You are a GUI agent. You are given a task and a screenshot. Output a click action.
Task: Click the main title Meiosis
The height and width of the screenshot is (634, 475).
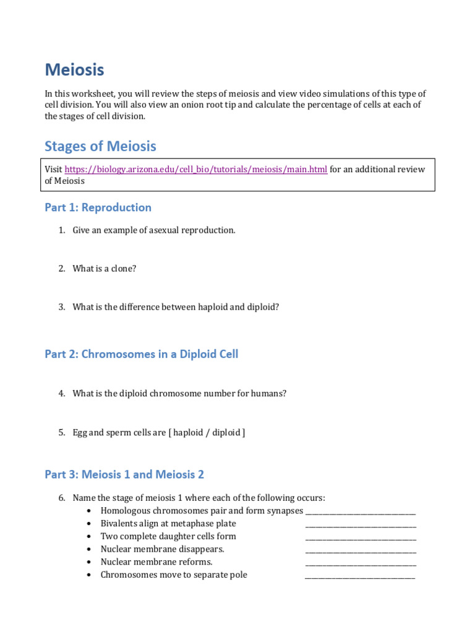coord(74,69)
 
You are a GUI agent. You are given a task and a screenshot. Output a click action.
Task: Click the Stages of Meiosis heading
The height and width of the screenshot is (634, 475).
coord(100,147)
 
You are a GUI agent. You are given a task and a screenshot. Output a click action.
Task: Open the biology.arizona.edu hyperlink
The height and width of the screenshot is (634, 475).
coord(195,170)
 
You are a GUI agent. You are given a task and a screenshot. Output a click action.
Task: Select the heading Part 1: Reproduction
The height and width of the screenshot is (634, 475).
coord(98,207)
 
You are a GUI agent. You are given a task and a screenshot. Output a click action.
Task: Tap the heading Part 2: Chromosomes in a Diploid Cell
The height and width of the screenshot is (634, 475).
coord(141,354)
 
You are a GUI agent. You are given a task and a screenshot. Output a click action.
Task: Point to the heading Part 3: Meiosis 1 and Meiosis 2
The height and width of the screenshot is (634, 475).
coord(124,474)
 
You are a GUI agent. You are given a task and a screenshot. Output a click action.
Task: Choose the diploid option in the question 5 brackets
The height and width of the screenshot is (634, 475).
coord(227,433)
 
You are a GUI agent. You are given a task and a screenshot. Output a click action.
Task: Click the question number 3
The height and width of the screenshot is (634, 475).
coord(62,307)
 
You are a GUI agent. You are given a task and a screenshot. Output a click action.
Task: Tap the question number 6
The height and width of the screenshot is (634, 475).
coord(62,498)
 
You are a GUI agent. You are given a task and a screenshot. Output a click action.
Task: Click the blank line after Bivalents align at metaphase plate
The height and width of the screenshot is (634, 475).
coord(361,524)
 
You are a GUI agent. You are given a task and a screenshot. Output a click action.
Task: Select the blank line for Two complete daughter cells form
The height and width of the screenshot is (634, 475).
coord(361,537)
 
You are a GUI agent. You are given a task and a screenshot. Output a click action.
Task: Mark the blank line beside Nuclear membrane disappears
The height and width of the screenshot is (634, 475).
coord(361,550)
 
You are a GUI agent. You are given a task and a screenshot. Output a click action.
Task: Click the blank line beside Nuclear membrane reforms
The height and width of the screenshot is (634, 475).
coord(361,563)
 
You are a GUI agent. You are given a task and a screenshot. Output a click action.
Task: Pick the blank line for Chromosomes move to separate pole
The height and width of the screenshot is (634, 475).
coord(360,576)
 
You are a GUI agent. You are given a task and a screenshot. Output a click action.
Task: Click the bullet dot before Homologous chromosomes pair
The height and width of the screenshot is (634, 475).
coord(90,511)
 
